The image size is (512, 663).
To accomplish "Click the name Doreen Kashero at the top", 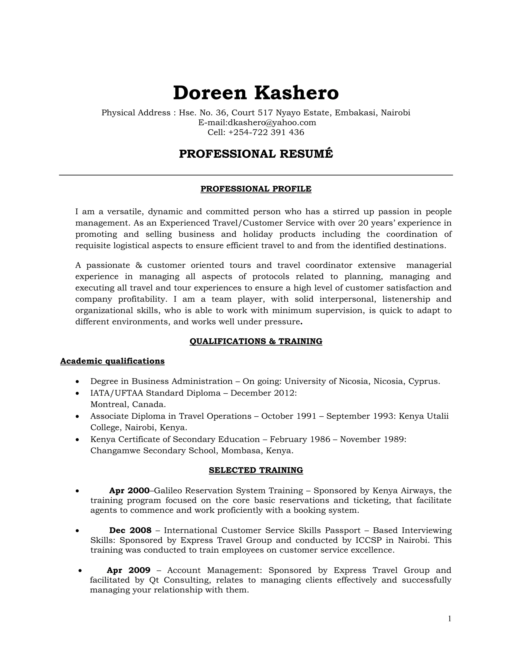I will pyautogui.click(x=256, y=93).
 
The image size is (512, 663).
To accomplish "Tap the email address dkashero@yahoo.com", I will pyautogui.click(x=272, y=122).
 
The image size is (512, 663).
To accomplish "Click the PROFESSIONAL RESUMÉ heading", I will pyautogui.click(x=256, y=154).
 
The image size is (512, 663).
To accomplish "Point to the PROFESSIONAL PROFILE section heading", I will pyautogui.click(x=256, y=189).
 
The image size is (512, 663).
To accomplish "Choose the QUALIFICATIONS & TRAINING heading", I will pyautogui.click(x=256, y=341).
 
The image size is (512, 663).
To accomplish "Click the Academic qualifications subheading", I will pyautogui.click(x=112, y=361).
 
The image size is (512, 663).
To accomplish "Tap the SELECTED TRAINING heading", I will pyautogui.click(x=256, y=470).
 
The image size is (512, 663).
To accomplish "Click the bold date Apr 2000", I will pyautogui.click(x=129, y=491).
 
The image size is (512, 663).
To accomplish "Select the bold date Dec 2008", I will pyautogui.click(x=130, y=530).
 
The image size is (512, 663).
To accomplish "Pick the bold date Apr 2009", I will pyautogui.click(x=128, y=570).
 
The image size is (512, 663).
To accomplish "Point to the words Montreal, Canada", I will pyautogui.click(x=128, y=404).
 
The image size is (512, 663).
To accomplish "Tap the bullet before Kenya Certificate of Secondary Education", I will pyautogui.click(x=78, y=440).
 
